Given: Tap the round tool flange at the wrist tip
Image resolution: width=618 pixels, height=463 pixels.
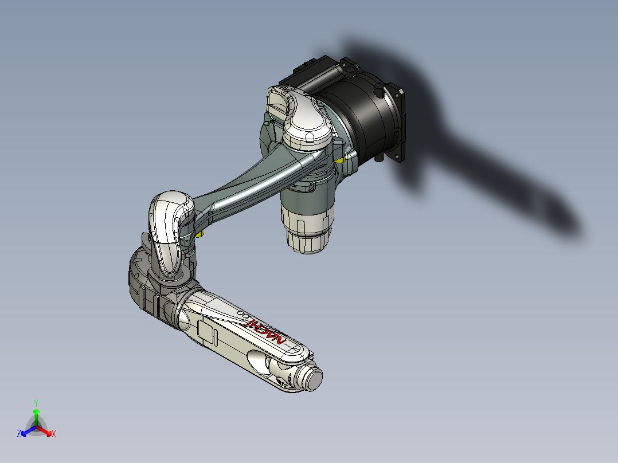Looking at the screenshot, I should (x=313, y=378).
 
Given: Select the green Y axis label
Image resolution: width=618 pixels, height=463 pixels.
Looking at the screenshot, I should (x=36, y=402).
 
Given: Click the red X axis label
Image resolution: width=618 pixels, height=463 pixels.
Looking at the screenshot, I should (x=54, y=434).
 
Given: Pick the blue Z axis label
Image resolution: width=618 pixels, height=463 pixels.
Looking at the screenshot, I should (x=19, y=434).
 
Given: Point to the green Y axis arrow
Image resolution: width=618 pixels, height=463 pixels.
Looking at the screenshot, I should (x=36, y=414).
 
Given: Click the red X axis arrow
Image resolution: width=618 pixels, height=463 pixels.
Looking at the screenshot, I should (x=46, y=431).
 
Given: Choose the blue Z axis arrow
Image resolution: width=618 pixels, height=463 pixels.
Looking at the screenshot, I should (x=26, y=431).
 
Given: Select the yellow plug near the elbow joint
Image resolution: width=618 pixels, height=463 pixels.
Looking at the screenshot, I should (x=199, y=233).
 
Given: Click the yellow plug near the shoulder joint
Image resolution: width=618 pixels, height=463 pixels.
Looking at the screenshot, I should (x=341, y=159).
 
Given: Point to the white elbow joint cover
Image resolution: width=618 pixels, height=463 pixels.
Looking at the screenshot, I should (x=169, y=218).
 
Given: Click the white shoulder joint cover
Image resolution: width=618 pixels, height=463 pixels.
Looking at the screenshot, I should (x=307, y=123).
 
